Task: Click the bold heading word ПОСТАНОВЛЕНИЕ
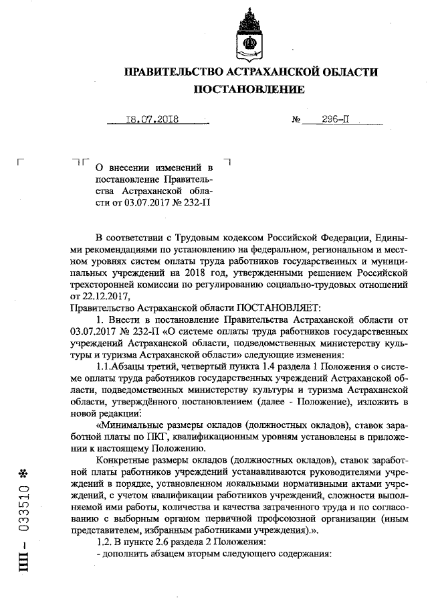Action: click(249, 89)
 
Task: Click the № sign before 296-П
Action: click(296, 121)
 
